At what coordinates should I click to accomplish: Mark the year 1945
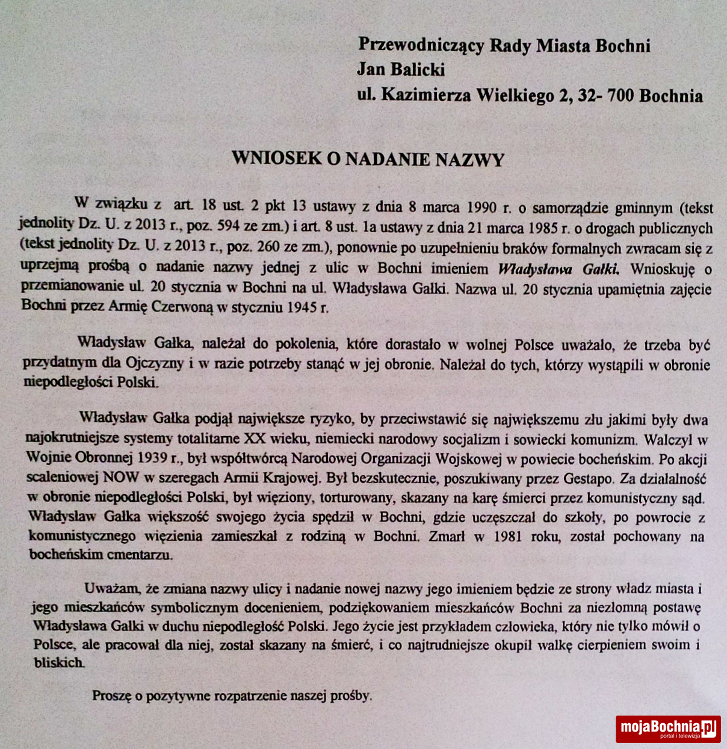click(302, 307)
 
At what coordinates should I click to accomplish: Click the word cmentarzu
click(139, 555)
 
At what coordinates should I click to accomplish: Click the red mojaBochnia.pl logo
click(667, 729)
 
